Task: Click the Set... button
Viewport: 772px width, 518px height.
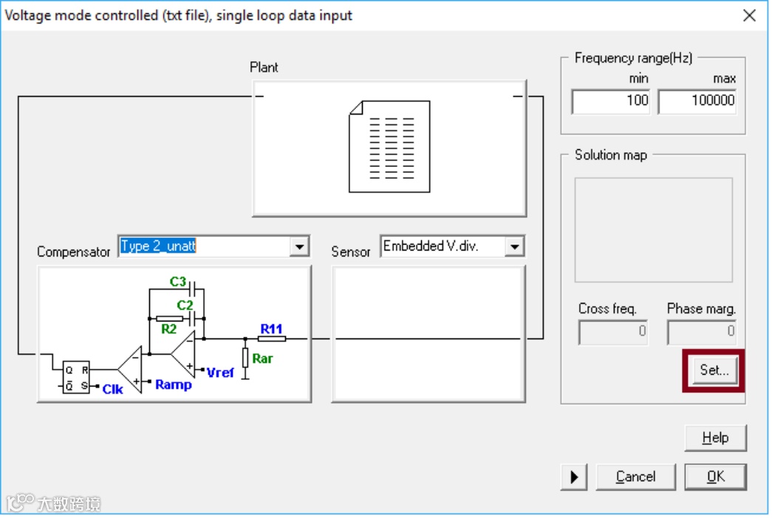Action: pos(714,370)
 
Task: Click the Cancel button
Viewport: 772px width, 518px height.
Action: pos(635,477)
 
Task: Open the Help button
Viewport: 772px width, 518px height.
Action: pos(715,437)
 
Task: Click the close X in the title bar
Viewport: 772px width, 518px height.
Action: pos(749,15)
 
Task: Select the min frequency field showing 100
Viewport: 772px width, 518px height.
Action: pos(611,100)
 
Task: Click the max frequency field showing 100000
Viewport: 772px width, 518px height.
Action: pos(697,100)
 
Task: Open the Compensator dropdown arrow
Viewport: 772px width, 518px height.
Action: pos(298,246)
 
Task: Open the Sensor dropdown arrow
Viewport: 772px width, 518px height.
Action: pos(514,246)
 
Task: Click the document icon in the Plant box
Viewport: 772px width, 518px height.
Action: pos(389,146)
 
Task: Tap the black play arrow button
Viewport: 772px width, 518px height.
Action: pos(574,477)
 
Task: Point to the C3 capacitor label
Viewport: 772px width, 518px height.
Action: pos(178,282)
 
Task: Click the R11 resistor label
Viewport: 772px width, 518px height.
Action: pos(271,328)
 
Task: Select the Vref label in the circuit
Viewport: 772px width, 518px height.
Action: pos(220,372)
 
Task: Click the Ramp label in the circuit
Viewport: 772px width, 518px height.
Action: pos(174,385)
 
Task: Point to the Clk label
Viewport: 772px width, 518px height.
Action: pos(112,389)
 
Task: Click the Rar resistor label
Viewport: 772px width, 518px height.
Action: pos(262,358)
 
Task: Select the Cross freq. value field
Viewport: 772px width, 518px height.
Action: pos(612,331)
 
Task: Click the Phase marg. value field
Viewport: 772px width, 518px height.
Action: pos(701,331)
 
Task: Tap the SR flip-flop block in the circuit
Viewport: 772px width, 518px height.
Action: pos(76,377)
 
